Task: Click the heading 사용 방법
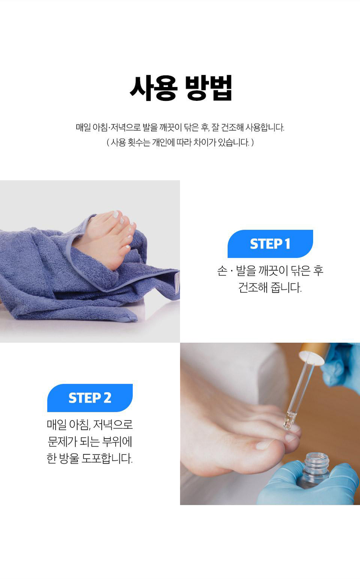coord(180,88)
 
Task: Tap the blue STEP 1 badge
coord(270,244)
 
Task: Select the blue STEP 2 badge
coord(90,398)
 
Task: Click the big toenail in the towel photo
coord(116,214)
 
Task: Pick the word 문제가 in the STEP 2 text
coord(62,441)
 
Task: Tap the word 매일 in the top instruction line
coord(83,127)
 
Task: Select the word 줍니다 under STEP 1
coord(286,287)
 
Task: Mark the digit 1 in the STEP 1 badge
coord(287,244)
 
